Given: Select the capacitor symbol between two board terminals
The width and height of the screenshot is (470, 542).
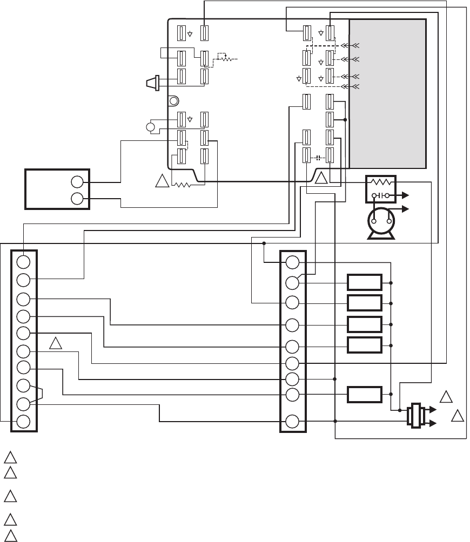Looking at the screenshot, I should pyautogui.click(x=318, y=158).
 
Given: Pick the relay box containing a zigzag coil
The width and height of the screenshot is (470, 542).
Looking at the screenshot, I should pyautogui.click(x=381, y=188).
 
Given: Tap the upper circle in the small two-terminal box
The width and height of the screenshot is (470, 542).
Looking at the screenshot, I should pyautogui.click(x=77, y=182).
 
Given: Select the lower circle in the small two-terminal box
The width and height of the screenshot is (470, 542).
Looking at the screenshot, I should pyautogui.click(x=77, y=199).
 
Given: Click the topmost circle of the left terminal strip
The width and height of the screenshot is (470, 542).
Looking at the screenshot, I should pyautogui.click(x=23, y=262).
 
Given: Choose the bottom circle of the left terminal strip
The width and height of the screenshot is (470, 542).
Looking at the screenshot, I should pyautogui.click(x=23, y=422).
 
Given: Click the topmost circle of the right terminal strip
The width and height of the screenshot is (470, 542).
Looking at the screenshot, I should pyautogui.click(x=292, y=263).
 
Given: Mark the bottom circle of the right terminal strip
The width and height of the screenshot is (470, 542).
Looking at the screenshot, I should pyautogui.click(x=292, y=421).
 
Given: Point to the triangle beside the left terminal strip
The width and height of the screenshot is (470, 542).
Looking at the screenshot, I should pyautogui.click(x=56, y=343).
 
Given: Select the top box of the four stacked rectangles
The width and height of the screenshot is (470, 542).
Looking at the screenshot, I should pyautogui.click(x=365, y=282).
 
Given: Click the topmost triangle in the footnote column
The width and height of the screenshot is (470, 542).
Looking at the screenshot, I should pyautogui.click(x=9, y=456).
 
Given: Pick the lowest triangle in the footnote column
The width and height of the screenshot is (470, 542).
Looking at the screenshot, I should pyautogui.click(x=9, y=534).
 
